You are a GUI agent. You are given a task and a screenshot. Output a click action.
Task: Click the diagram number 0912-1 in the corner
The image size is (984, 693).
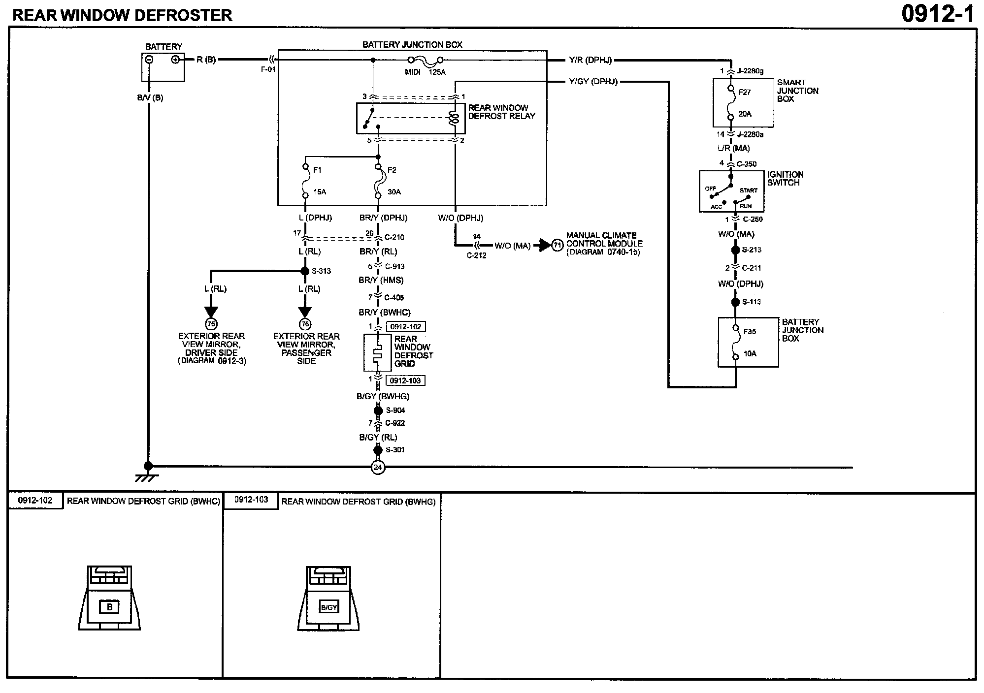point(938,14)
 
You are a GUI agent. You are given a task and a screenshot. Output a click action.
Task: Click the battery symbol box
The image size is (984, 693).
point(163,67)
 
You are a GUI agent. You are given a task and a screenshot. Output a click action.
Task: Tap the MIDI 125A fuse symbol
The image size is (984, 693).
point(426,60)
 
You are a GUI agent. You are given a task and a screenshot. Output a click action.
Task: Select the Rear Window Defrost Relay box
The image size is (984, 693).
point(411,118)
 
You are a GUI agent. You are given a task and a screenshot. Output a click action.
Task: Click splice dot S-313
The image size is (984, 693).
point(305,271)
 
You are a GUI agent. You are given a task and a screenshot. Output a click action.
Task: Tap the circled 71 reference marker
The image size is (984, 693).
point(557,245)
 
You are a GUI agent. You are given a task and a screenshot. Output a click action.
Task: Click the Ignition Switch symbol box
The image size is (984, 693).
point(732,191)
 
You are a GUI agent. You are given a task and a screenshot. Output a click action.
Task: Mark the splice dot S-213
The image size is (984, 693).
point(735,250)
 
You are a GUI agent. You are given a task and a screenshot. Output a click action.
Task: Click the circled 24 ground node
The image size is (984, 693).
point(378,467)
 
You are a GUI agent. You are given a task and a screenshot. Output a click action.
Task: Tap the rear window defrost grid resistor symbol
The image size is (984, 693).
point(377,353)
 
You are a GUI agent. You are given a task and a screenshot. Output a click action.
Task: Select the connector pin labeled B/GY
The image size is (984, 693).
point(328,607)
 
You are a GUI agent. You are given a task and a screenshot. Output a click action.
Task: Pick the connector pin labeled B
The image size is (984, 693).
point(109,607)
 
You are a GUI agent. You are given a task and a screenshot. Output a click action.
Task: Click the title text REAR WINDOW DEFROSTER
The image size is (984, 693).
point(122,15)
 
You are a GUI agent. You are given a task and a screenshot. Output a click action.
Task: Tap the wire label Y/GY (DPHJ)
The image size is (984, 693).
point(593,81)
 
